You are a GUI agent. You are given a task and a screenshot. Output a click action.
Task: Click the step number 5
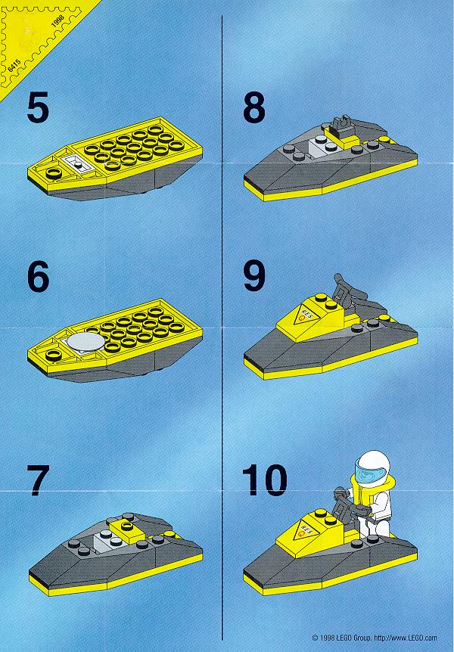click(38, 107)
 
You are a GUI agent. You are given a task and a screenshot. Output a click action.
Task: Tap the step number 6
click(38, 276)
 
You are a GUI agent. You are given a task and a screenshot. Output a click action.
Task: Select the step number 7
click(38, 480)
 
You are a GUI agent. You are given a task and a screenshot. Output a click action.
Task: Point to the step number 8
click(253, 107)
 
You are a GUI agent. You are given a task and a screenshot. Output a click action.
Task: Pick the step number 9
click(253, 275)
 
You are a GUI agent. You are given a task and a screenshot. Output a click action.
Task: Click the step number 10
click(265, 480)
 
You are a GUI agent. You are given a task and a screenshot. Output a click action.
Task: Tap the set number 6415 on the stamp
click(14, 66)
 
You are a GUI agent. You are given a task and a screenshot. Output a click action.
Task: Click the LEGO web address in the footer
click(406, 638)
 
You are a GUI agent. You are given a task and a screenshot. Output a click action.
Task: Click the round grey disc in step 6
click(86, 341)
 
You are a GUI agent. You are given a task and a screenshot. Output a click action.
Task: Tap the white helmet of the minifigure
click(373, 465)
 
